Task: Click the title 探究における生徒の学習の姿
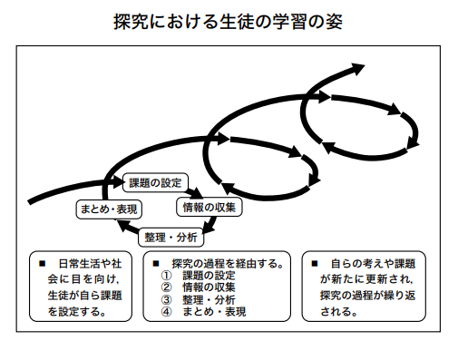[x=228, y=22]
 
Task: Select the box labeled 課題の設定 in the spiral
[x=155, y=182]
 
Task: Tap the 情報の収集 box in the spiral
[x=210, y=207]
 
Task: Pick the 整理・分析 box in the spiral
[x=171, y=238]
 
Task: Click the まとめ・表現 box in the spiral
[x=109, y=209]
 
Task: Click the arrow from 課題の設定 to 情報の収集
[x=195, y=192]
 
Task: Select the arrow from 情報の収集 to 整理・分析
[x=210, y=225]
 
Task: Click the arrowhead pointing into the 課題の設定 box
[x=118, y=182]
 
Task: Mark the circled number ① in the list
[x=166, y=276]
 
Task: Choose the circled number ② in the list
[x=166, y=287]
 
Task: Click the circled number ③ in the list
[x=166, y=299]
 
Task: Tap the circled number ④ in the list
[x=166, y=312]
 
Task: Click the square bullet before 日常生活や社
[x=42, y=264]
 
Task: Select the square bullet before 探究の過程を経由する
[x=156, y=264]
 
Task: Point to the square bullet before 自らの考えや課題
[x=315, y=264]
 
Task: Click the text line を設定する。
[x=77, y=311]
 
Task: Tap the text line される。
[x=339, y=311]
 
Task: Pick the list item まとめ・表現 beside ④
[x=214, y=312]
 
